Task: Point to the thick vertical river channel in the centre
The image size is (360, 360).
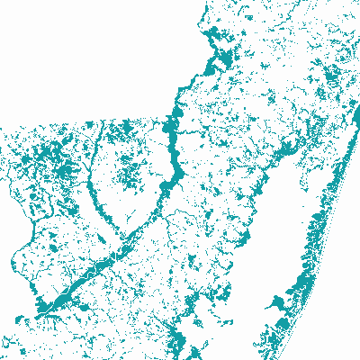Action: click(x=170, y=144)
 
